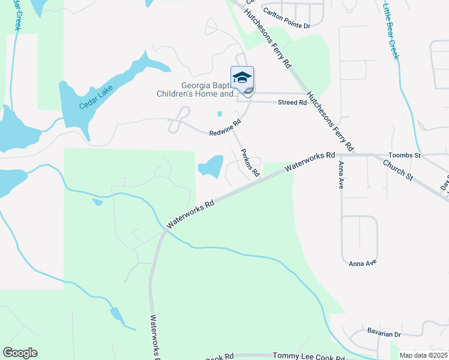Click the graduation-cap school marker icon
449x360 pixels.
click(x=242, y=78)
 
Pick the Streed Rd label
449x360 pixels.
click(x=292, y=103)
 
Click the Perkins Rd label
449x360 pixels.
click(x=250, y=163)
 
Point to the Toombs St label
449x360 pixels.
click(x=423, y=155)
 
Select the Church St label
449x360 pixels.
click(x=399, y=169)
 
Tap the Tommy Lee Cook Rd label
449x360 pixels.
click(x=309, y=356)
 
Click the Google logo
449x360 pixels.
click(x=20, y=353)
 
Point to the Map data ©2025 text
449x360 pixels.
click(x=423, y=355)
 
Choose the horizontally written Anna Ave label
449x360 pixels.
click(x=363, y=263)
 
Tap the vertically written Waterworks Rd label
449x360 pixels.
click(x=154, y=337)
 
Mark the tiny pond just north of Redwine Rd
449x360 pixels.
click(x=220, y=113)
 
